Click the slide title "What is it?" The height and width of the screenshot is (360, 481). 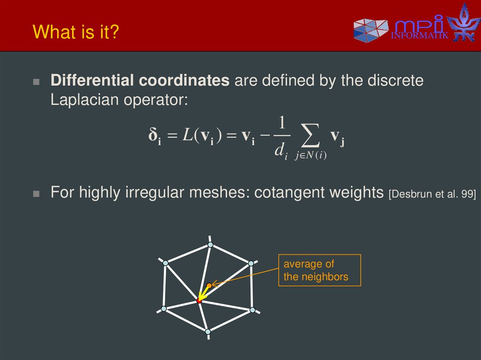76,32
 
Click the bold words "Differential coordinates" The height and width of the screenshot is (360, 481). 140,81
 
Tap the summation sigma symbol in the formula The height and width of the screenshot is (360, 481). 310,136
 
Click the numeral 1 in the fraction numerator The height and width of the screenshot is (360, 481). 282,123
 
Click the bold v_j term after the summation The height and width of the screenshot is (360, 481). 337,137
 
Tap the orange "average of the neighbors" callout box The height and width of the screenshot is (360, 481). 319,270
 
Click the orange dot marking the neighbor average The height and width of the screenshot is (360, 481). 209,285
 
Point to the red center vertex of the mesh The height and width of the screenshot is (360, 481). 199,300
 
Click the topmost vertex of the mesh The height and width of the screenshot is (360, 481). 210,245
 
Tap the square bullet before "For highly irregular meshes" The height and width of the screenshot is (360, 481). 36,193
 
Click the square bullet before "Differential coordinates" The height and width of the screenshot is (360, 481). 36,82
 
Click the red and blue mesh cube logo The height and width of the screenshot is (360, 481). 371,31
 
